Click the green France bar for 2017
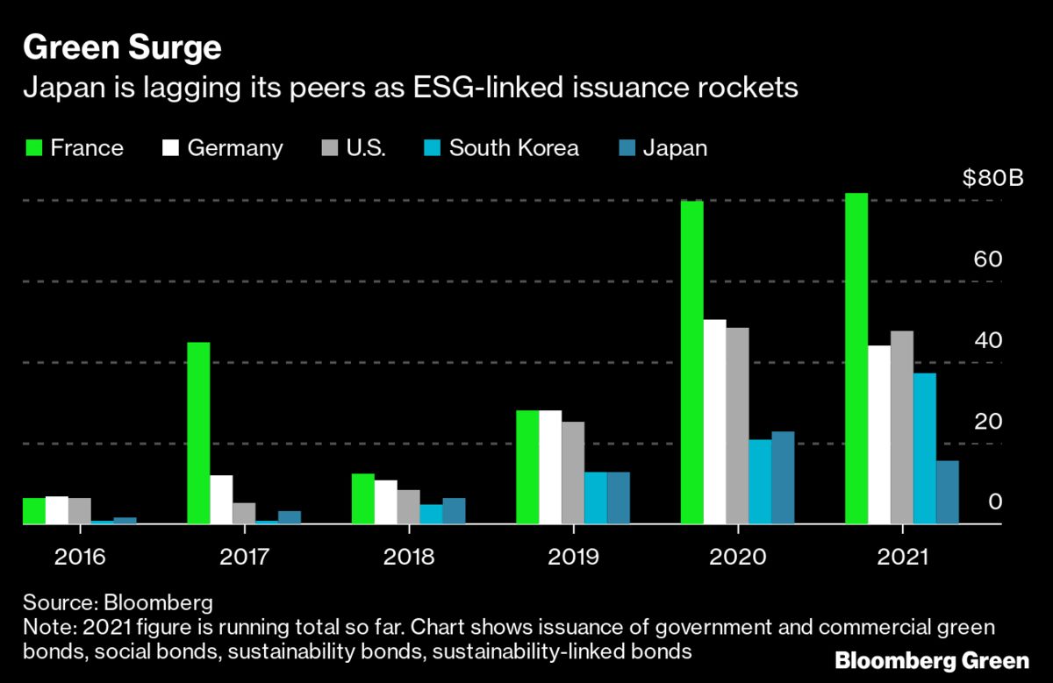[198, 433]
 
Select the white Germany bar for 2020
[715, 422]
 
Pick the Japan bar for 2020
[783, 478]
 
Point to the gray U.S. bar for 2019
[573, 473]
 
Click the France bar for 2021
[856, 359]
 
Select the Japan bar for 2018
[454, 511]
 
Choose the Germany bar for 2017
[221, 500]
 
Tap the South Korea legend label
[513, 148]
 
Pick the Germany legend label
[235, 148]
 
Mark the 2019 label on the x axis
[573, 557]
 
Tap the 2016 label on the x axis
[80, 557]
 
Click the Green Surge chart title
[122, 48]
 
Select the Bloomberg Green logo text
[932, 660]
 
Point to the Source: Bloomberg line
[118, 604]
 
